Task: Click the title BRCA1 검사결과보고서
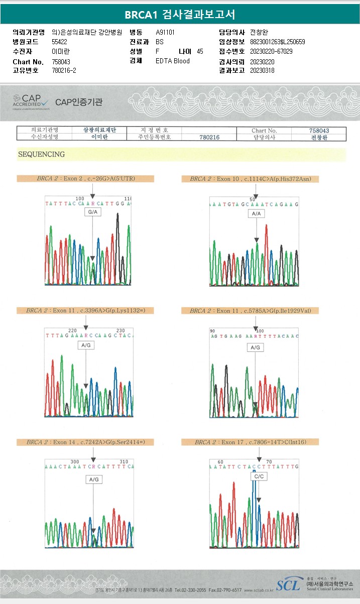(180, 15)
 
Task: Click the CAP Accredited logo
(31, 101)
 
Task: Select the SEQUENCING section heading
(41, 154)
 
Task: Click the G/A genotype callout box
(93, 213)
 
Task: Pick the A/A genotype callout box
(256, 214)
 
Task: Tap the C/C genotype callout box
(259, 476)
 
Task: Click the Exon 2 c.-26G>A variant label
(85, 178)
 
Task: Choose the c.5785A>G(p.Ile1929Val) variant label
(250, 311)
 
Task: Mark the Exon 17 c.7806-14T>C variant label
(250, 442)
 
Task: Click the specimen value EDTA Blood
(173, 61)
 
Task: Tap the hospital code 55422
(60, 42)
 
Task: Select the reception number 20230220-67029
(271, 51)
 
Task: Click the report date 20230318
(262, 70)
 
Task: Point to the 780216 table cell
(209, 137)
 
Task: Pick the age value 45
(200, 51)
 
